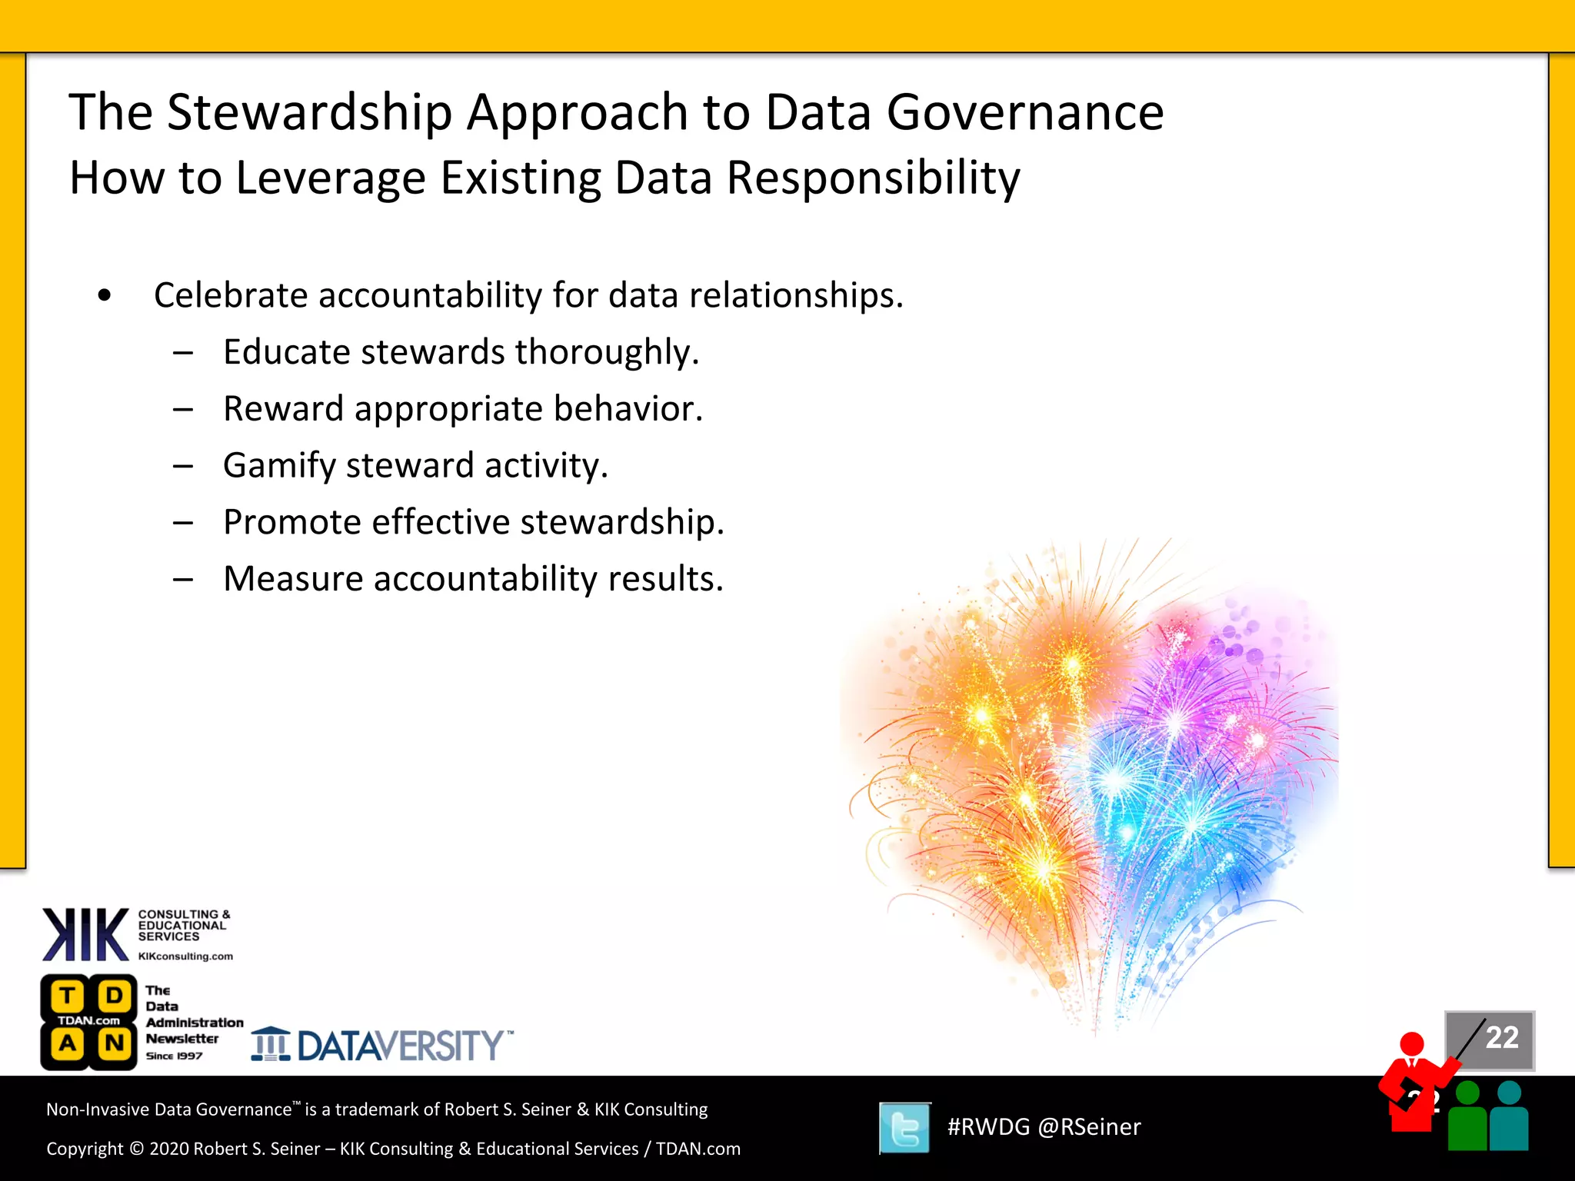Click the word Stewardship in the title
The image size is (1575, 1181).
[309, 113]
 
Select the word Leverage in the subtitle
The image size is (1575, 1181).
[331, 178]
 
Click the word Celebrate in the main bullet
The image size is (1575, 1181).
[231, 295]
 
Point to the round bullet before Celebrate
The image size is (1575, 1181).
[105, 295]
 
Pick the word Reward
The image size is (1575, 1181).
[283, 409]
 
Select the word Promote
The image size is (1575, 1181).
[291, 522]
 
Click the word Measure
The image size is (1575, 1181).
[293, 579]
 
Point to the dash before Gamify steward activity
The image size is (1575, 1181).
[183, 466]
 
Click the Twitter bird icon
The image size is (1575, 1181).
[904, 1128]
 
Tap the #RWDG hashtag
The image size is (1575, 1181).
[988, 1127]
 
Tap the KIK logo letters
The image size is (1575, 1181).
[85, 934]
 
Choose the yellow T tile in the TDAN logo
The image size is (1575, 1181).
[68, 996]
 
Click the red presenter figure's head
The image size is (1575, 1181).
[1412, 1044]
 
